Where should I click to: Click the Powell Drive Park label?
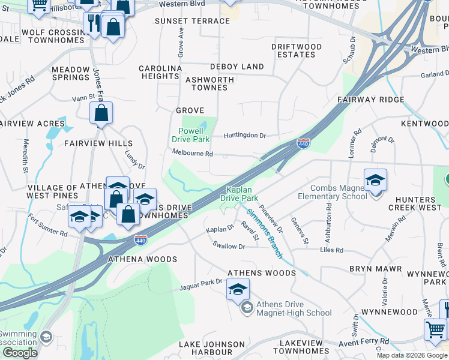pos(190,135)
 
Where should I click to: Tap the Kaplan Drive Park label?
pos(239,194)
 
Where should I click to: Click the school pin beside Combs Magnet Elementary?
pos(375,180)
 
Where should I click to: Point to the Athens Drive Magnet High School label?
pos(294,308)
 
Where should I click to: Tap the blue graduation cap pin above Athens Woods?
pos(238,290)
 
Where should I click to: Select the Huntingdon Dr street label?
pos(244,136)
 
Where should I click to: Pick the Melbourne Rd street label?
pos(192,153)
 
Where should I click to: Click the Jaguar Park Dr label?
pos(201,286)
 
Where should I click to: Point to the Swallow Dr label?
pos(229,246)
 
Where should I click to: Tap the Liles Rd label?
pos(331,250)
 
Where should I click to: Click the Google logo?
pos(20,353)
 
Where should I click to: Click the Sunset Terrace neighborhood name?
pos(192,21)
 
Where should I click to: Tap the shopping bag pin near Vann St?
pos(101,113)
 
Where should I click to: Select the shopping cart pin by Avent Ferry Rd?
pos(435,329)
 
